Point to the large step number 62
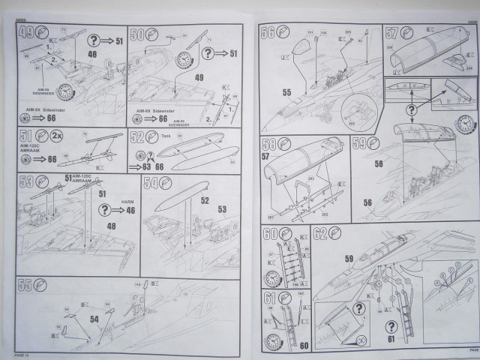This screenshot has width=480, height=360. [321, 234]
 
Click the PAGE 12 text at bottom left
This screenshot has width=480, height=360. [25, 351]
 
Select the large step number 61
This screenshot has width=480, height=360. [270, 302]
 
